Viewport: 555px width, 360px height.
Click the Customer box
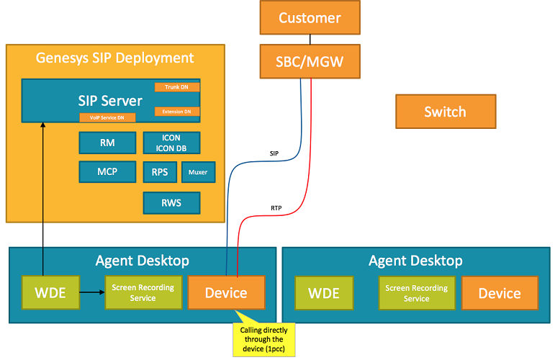pyautogui.click(x=310, y=18)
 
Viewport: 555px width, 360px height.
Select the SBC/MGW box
pyautogui.click(x=310, y=61)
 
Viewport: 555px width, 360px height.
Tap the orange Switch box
pyautogui.click(x=445, y=112)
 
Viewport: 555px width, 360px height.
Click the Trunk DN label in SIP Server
pyautogui.click(x=177, y=87)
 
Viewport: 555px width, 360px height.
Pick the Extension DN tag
pyautogui.click(x=177, y=112)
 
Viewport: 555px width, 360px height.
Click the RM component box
pyautogui.click(x=107, y=143)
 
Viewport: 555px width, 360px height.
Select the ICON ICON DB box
pyautogui.click(x=171, y=143)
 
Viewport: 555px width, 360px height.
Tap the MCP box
pyautogui.click(x=107, y=172)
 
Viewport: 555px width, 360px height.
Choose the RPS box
pyautogui.click(x=160, y=173)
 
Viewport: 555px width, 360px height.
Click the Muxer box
pyautogui.click(x=198, y=173)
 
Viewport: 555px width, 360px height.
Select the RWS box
pyautogui.click(x=171, y=204)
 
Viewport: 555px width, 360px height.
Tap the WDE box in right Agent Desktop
pyautogui.click(x=325, y=293)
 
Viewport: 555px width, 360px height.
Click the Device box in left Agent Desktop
pyautogui.click(x=226, y=293)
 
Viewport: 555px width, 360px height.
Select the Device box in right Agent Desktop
pyautogui.click(x=500, y=293)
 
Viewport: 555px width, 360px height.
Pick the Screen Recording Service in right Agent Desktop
pyautogui.click(x=416, y=293)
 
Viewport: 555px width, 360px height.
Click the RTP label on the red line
pyautogui.click(x=276, y=208)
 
